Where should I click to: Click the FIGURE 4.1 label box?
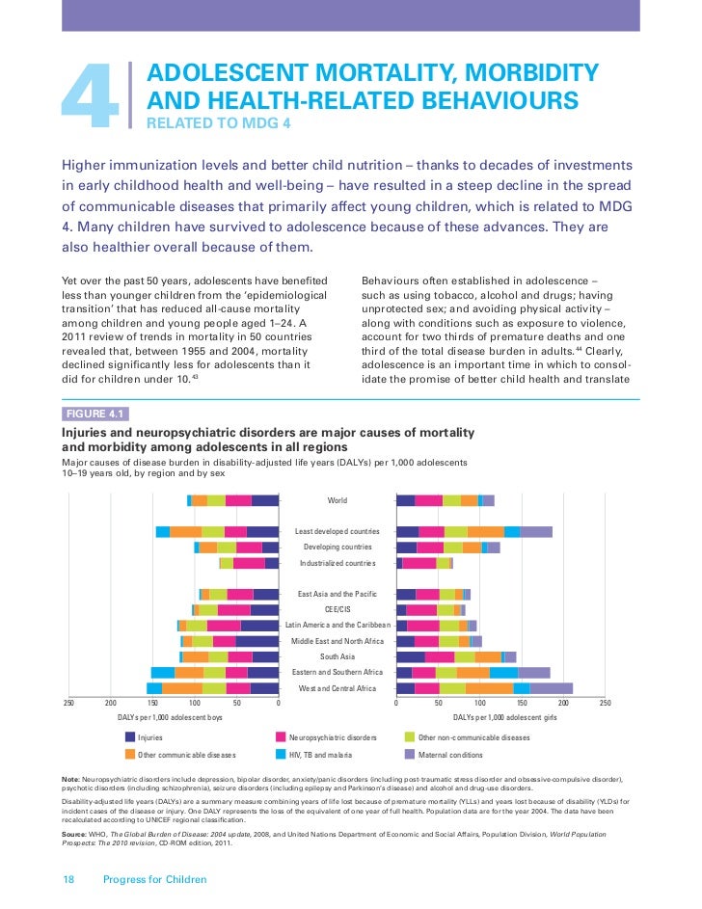pos(94,414)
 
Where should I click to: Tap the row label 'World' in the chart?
pos(337,500)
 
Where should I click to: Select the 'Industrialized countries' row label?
pos(337,563)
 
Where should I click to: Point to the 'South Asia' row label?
pos(337,656)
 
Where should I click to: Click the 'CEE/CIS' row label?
pos(337,609)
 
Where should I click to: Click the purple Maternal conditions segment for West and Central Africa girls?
pos(552,688)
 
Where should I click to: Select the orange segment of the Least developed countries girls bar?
pos(486,532)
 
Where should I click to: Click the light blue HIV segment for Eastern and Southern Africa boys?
pos(163,672)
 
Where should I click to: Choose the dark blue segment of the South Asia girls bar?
pos(411,656)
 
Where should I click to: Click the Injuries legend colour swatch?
pos(131,737)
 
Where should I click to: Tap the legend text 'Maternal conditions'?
pos(451,755)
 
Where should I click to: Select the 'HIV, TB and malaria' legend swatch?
pos(283,755)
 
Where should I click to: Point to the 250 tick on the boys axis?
pos(68,704)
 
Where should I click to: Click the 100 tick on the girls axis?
pos(480,704)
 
